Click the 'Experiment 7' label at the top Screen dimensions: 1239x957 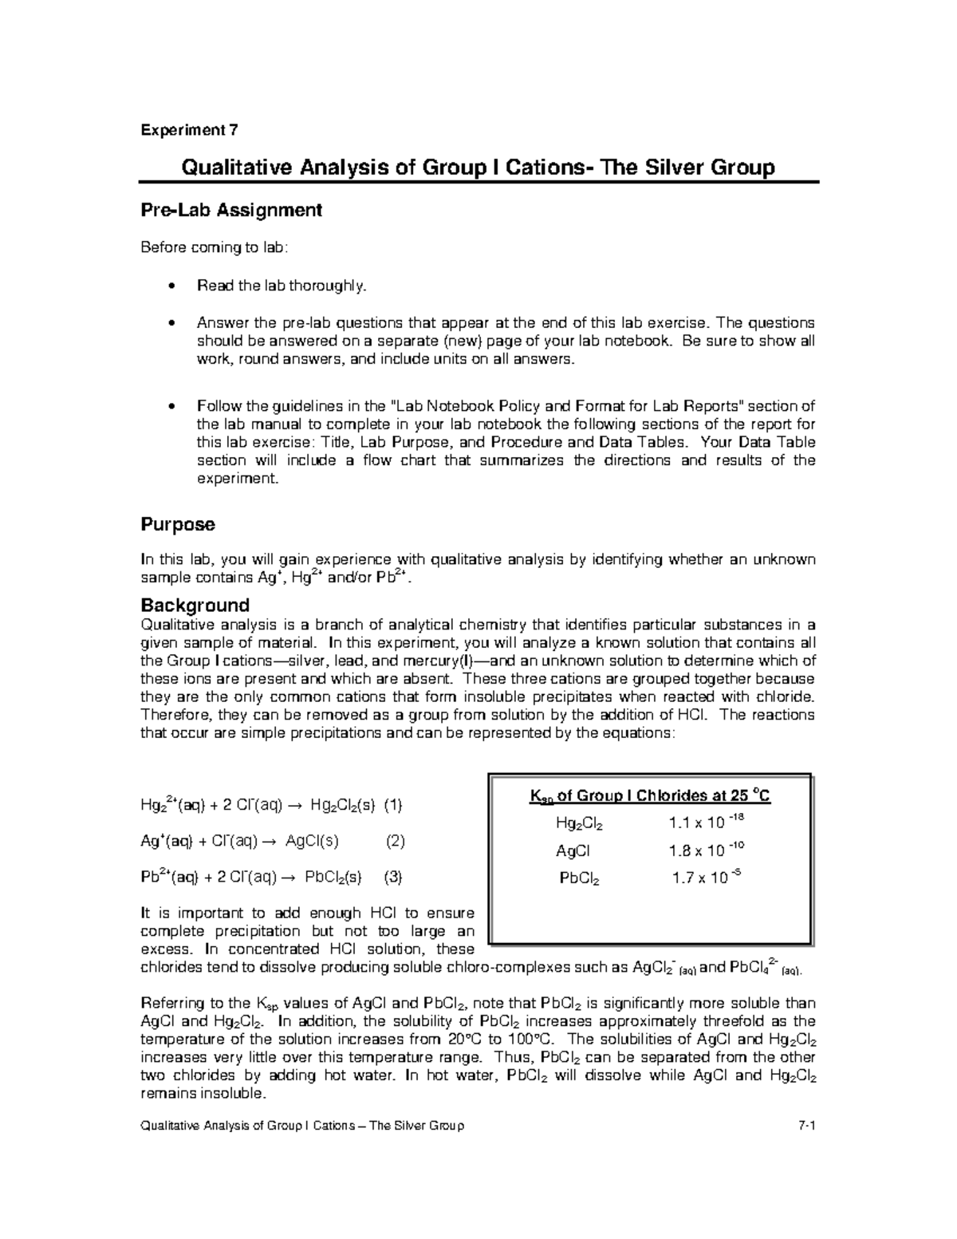coord(189,130)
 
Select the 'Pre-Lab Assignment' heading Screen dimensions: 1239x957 coord(231,210)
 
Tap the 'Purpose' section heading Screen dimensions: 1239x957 coord(178,525)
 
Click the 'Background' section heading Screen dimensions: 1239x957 coord(195,605)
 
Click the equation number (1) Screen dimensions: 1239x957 coord(392,805)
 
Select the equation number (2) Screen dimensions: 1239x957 coord(396,841)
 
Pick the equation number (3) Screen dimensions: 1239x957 coord(393,877)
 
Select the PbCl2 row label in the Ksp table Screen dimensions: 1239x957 coord(579,878)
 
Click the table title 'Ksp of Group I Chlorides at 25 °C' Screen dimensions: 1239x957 coord(650,795)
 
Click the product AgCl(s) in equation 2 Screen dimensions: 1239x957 coord(312,841)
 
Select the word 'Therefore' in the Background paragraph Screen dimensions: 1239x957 coord(173,715)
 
